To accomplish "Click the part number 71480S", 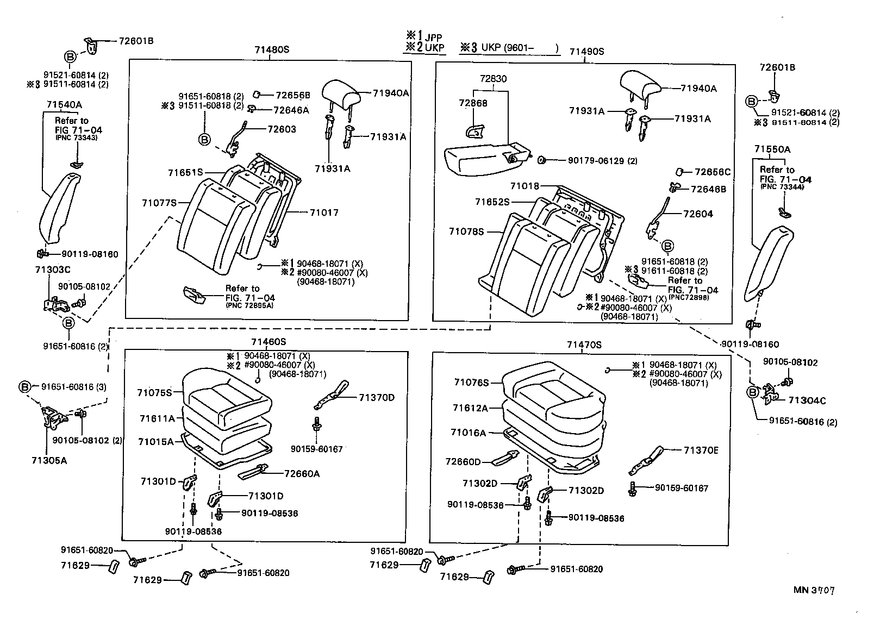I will [x=271, y=50].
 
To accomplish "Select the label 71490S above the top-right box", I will [x=586, y=52].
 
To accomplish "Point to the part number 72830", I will [x=493, y=79].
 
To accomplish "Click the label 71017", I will [x=324, y=212].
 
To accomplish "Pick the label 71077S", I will [x=159, y=203].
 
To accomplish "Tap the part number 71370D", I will [x=376, y=397].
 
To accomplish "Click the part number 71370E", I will [x=701, y=450].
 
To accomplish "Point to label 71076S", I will [x=471, y=383].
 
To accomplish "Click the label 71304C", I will [x=807, y=401].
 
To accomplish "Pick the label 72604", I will [x=698, y=214].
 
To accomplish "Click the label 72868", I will [x=473, y=103].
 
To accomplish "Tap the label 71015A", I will [x=155, y=442].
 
